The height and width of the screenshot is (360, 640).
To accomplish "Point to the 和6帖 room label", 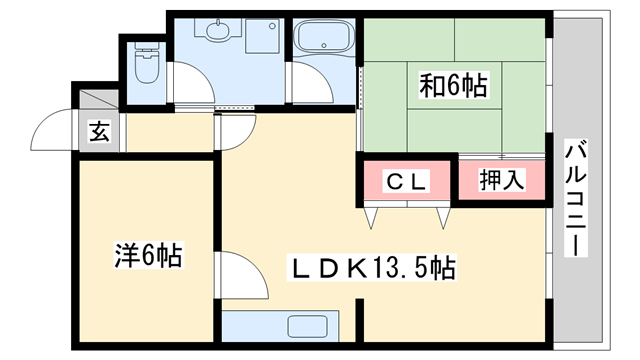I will (453, 87).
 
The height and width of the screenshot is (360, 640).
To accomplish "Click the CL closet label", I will (407, 182).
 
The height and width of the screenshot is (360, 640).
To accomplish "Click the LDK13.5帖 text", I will (374, 268).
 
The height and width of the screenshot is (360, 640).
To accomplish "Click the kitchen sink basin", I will (307, 326).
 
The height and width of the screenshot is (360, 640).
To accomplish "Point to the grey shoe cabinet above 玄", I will (97, 102).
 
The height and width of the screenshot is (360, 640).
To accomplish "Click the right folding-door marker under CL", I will (443, 214).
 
